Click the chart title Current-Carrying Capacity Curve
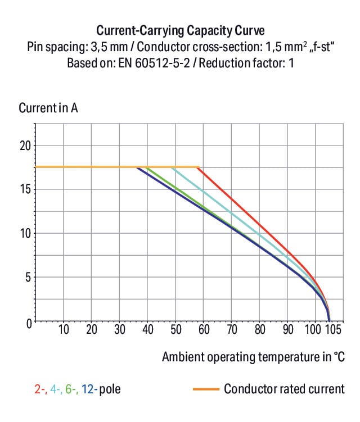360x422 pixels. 180,30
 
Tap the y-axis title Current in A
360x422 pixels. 48,108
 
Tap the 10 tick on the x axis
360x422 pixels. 64,330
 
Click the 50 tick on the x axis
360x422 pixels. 175,330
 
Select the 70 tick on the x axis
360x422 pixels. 231,330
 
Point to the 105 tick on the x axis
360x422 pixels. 332,330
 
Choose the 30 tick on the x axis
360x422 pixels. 119,330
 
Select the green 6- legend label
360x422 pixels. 71,389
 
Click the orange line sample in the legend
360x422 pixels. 205,389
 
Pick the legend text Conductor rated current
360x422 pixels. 284,389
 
